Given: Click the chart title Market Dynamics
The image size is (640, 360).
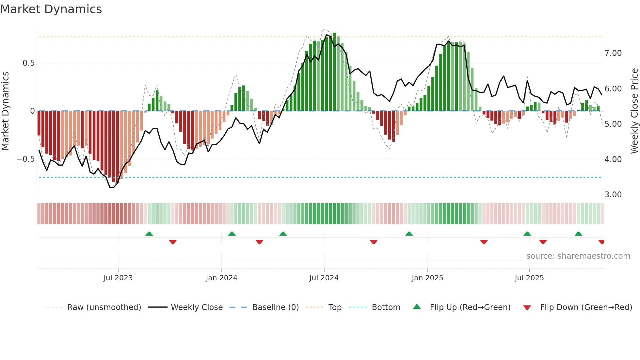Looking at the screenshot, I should pyautogui.click(x=51, y=9).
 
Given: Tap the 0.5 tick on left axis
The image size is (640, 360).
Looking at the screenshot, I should pyautogui.click(x=28, y=63).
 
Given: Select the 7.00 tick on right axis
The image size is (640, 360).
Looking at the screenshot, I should pyautogui.click(x=613, y=53).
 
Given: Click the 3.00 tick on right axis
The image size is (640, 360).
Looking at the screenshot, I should pyautogui.click(x=613, y=195).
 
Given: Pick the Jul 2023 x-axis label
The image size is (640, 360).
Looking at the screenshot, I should pyautogui.click(x=118, y=278).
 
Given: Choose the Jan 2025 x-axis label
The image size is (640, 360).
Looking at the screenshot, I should pyautogui.click(x=427, y=278).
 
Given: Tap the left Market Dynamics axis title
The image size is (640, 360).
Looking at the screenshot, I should pyautogui.click(x=6, y=111).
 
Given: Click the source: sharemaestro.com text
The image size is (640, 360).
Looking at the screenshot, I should pyautogui.click(x=578, y=256).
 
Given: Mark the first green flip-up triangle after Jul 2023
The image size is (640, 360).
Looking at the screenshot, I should pyautogui.click(x=149, y=234).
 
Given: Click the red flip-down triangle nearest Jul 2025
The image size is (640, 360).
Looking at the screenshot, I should pyautogui.click(x=543, y=242).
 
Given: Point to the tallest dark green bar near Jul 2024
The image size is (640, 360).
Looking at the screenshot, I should pyautogui.click(x=334, y=72).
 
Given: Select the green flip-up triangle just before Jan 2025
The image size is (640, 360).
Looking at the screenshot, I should pyautogui.click(x=409, y=234).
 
